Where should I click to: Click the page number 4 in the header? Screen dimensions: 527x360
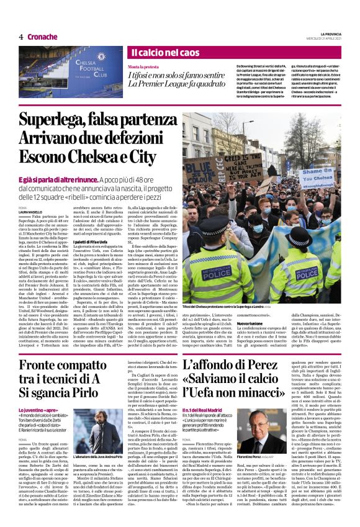21,37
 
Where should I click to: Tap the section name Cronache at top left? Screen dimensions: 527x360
42,37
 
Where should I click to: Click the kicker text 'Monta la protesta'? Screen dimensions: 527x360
143,66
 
